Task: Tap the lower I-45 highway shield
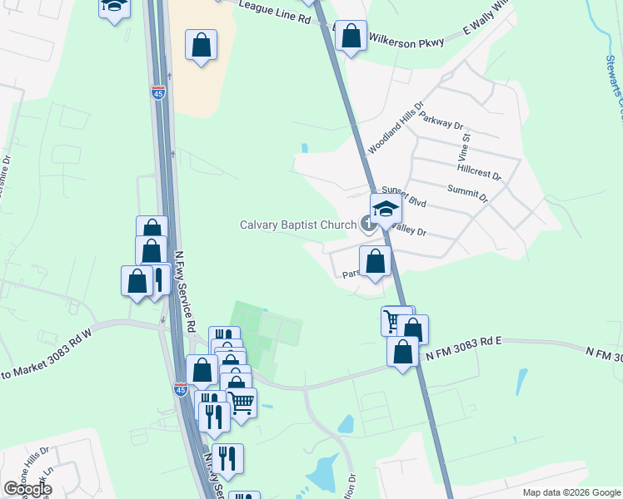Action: [x=181, y=388]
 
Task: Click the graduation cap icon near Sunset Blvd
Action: [x=386, y=208]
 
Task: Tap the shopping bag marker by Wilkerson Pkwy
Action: [x=351, y=36]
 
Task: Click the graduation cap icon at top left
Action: [x=115, y=7]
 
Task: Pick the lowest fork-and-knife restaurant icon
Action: [x=227, y=457]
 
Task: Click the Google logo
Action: [x=27, y=489]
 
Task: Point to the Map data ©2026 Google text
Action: [x=571, y=492]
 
